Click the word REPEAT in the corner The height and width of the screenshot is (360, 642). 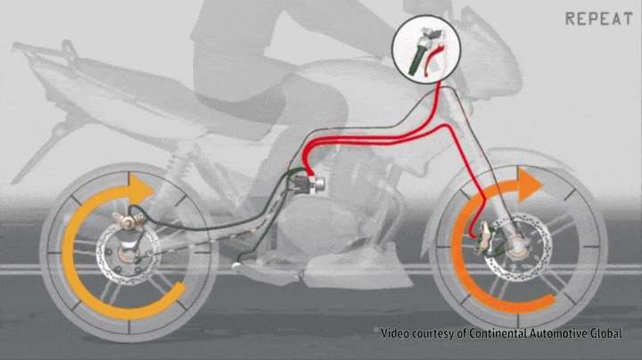tap(598, 19)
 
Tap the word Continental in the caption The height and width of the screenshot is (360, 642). tap(498, 333)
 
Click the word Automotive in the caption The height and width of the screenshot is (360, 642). tap(557, 333)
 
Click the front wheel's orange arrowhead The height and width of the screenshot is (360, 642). tap(531, 184)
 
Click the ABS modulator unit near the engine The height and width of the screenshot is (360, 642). tap(310, 185)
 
